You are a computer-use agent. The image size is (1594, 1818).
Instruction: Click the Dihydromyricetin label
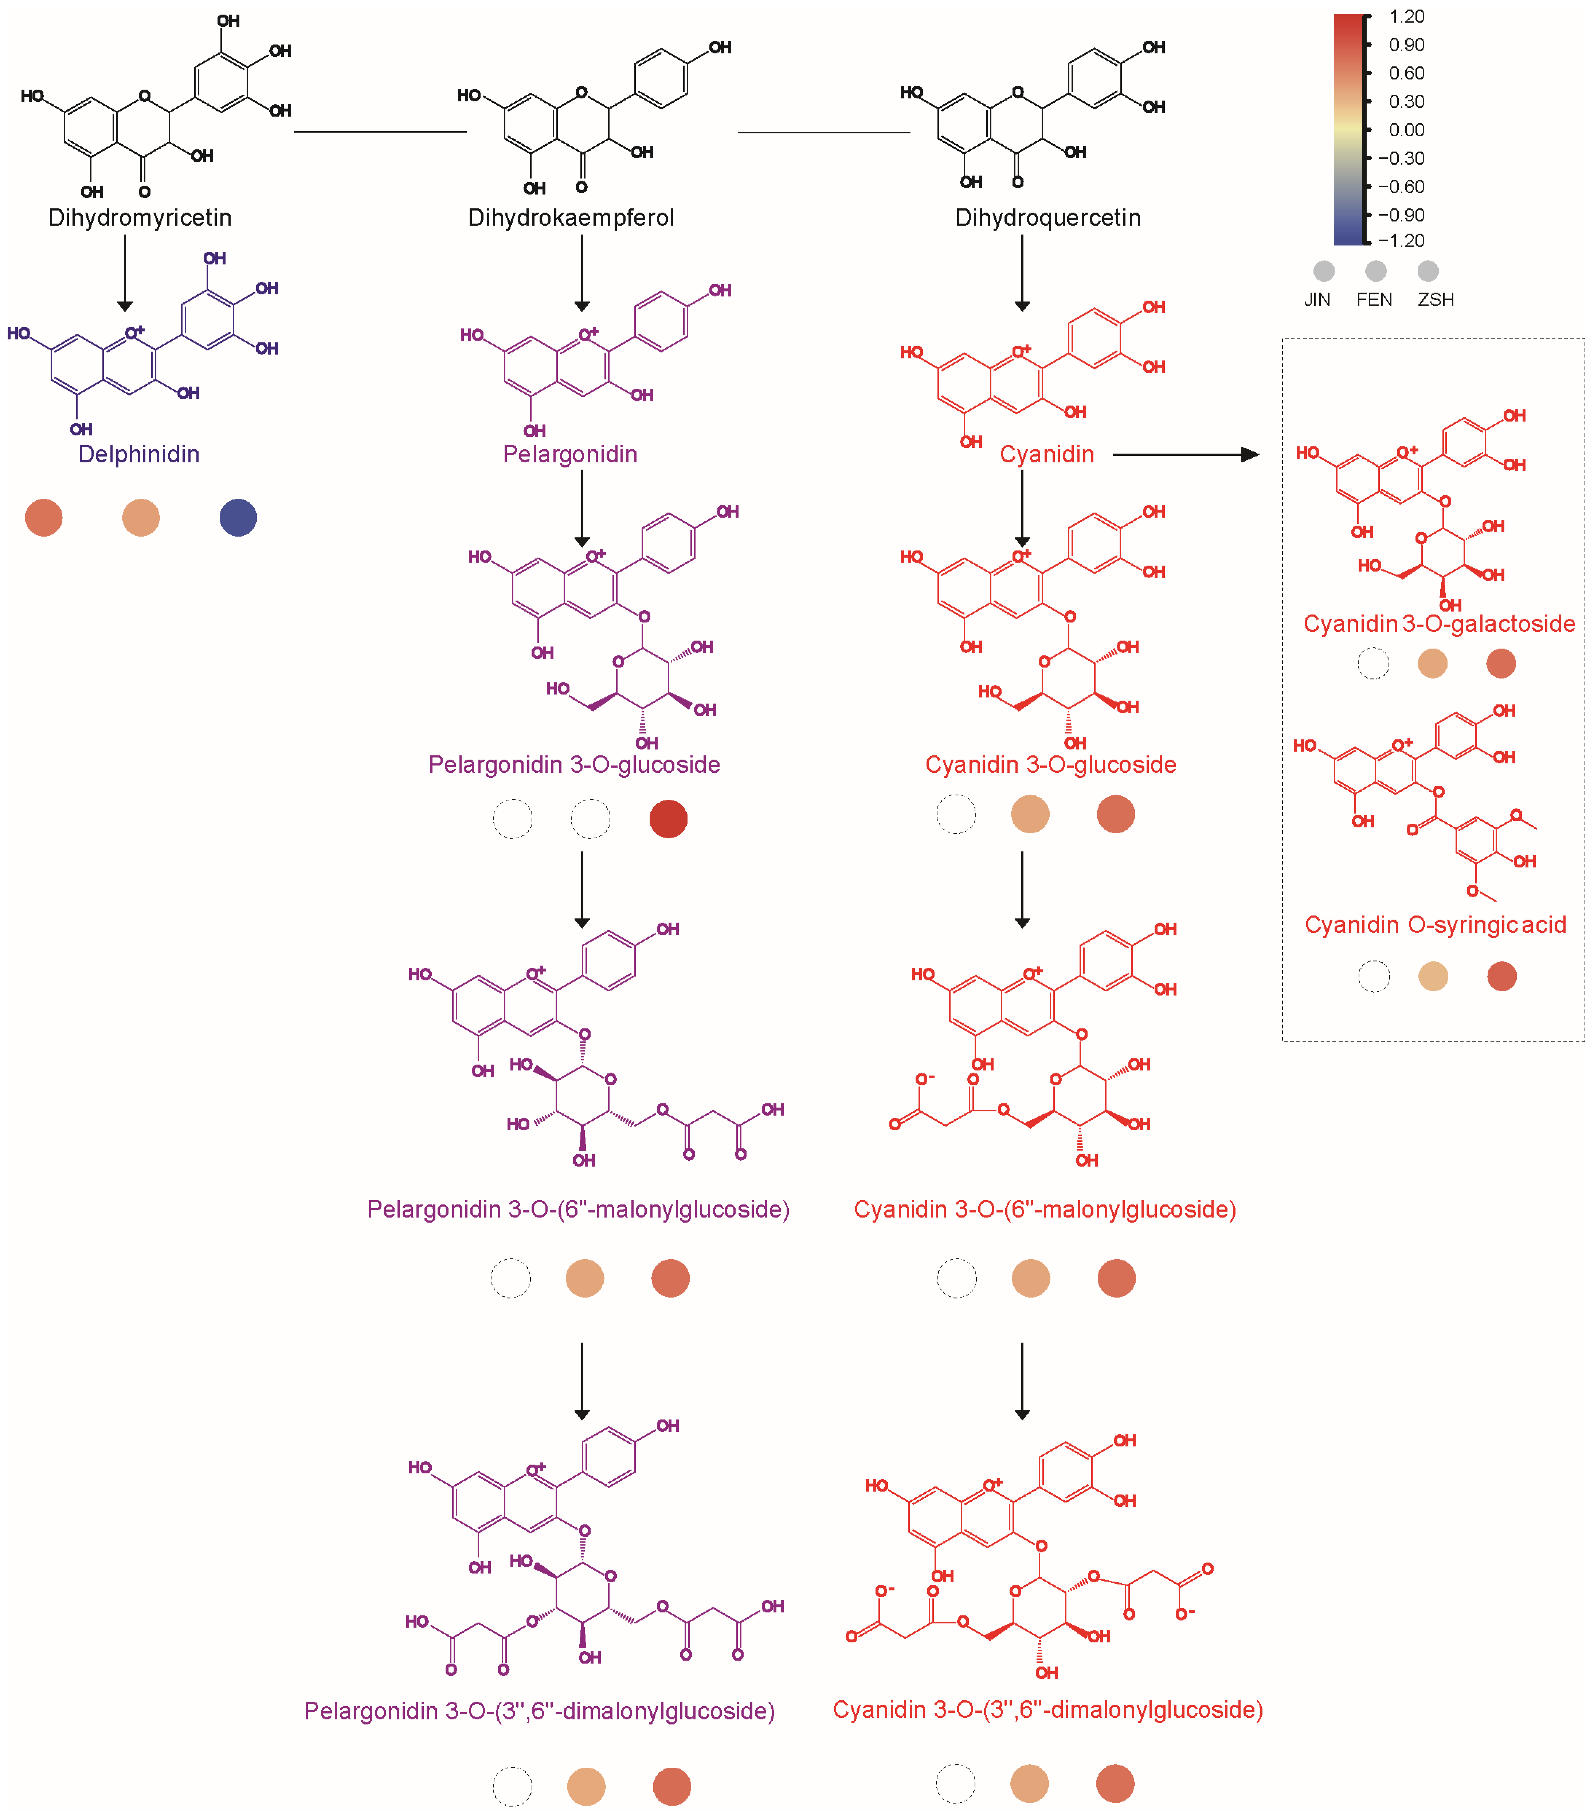(x=140, y=218)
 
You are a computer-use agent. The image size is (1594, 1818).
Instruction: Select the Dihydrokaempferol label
(x=571, y=218)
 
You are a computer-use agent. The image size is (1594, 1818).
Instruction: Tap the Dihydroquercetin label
(x=1048, y=218)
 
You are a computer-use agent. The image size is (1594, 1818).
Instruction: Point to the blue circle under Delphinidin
(x=238, y=518)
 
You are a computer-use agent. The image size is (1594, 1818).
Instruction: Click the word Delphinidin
(x=139, y=455)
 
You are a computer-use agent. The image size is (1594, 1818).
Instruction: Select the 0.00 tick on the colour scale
(x=1406, y=130)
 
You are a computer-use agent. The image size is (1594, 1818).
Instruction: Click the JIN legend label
(x=1317, y=300)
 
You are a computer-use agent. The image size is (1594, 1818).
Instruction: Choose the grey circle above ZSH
(x=1427, y=270)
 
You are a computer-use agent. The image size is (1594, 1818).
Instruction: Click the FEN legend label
(x=1374, y=300)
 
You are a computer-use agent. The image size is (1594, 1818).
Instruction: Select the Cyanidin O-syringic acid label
(x=1435, y=925)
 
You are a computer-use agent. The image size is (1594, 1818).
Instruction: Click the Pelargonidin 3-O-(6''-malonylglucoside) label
(x=578, y=1210)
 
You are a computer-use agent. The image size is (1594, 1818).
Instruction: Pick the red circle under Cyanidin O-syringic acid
(x=1501, y=977)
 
